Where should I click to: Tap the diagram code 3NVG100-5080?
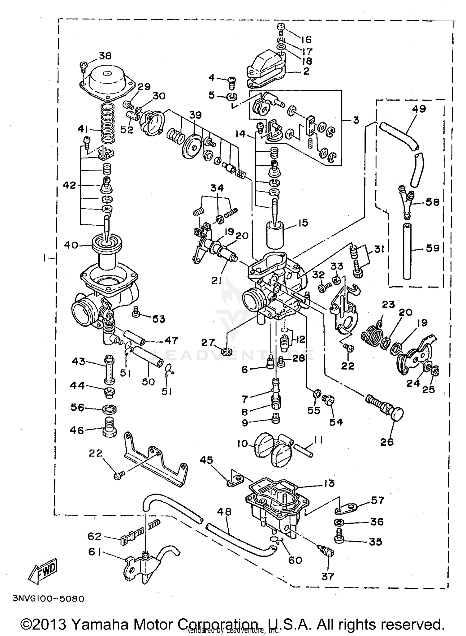click(49, 599)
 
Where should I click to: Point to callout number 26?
click(387, 442)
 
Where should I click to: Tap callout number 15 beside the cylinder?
click(303, 223)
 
